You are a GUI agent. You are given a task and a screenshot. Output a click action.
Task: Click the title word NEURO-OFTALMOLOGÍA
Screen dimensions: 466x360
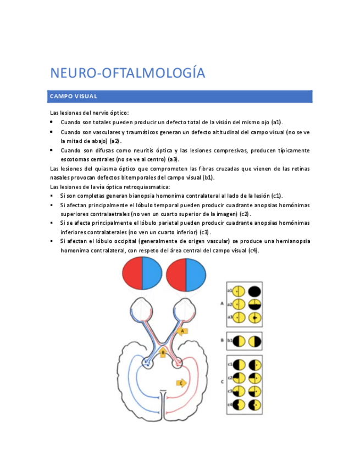pyautogui.click(x=128, y=74)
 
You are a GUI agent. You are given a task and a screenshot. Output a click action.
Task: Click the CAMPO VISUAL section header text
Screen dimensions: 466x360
pyautogui.click(x=74, y=97)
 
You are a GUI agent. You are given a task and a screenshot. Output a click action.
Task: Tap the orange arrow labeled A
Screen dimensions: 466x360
pyautogui.click(x=184, y=331)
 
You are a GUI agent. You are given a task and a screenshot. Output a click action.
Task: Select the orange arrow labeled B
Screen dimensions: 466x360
pyautogui.click(x=164, y=352)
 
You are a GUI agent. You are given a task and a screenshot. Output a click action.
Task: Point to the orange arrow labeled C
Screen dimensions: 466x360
pyautogui.click(x=181, y=382)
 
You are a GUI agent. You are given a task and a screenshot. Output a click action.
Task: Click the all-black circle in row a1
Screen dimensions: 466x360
pyautogui.click(x=254, y=291)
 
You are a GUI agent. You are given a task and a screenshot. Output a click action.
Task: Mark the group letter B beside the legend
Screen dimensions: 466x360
pyautogui.click(x=222, y=341)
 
